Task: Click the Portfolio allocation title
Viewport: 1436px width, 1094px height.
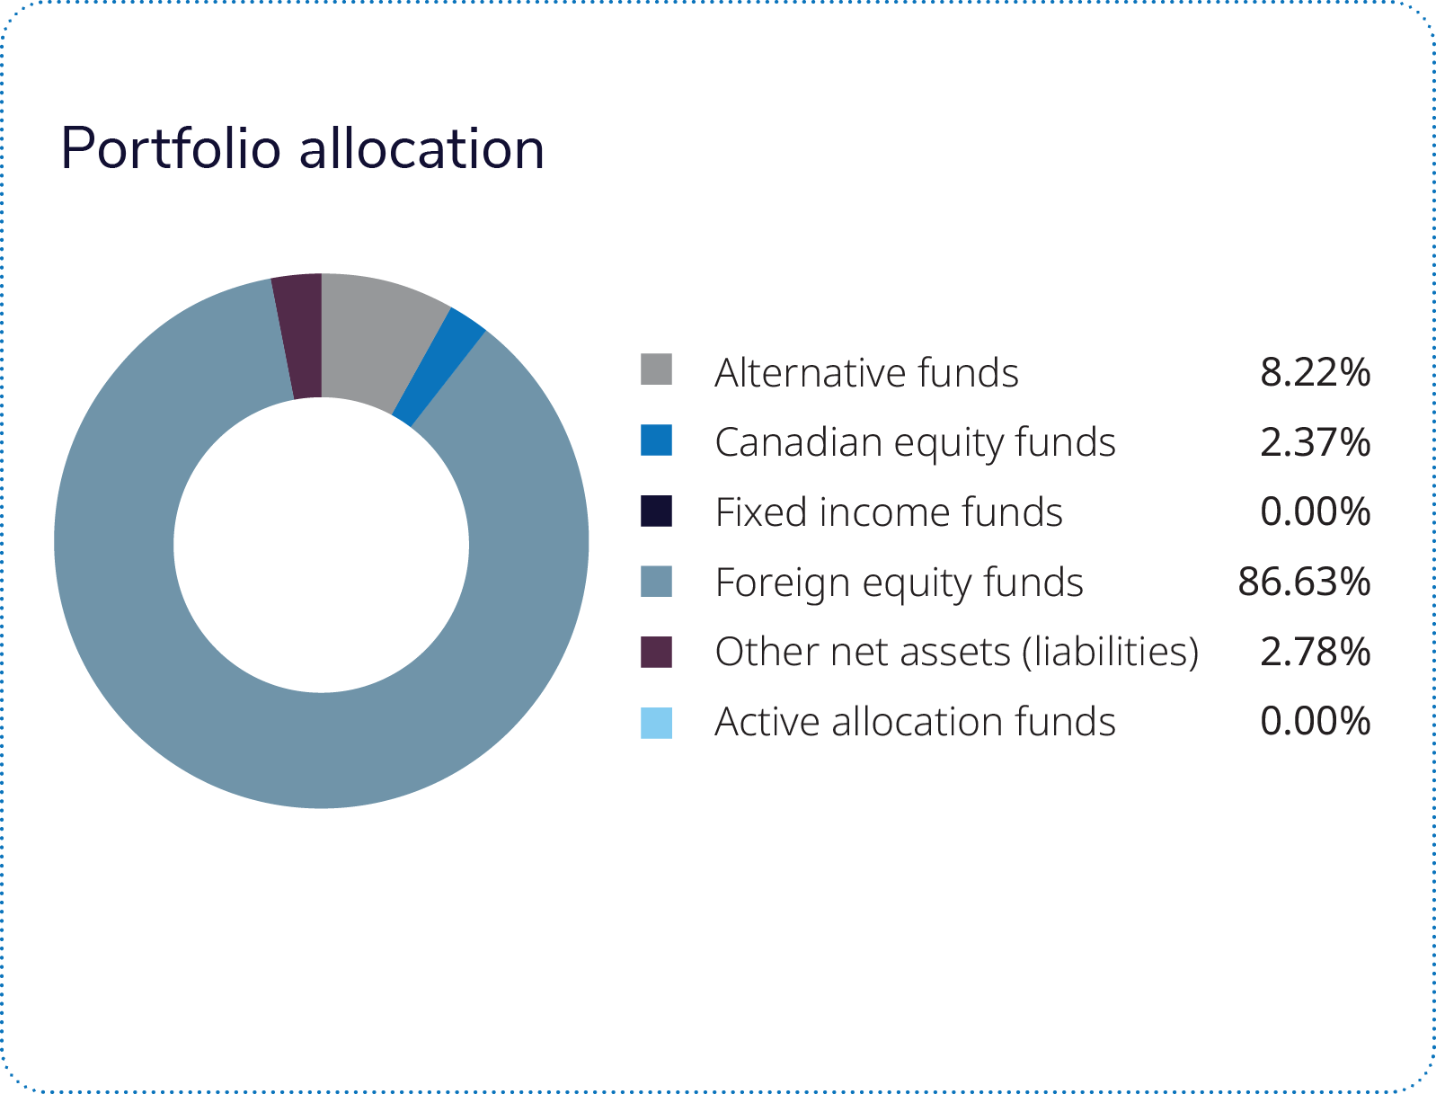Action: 302,148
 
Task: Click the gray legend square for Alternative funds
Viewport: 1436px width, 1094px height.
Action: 656,369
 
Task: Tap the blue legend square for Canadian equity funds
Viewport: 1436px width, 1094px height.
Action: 656,440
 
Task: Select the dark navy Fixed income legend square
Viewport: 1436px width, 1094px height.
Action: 656,510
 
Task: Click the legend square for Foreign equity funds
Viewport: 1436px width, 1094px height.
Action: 656,581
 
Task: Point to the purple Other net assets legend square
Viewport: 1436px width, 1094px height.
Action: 656,652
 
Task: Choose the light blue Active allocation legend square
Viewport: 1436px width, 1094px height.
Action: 656,723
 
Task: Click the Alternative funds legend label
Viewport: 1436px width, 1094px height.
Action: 866,372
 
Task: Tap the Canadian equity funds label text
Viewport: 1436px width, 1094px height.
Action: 915,442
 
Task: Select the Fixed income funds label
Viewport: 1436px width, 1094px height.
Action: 889,512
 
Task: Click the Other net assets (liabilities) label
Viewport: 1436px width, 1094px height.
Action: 957,652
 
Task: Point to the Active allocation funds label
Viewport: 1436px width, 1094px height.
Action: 915,722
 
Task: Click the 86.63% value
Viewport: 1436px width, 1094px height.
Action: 1304,582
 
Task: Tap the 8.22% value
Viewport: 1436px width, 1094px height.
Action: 1315,372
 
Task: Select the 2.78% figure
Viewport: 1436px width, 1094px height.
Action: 1315,652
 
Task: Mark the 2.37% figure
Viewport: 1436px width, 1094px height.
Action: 1315,442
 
